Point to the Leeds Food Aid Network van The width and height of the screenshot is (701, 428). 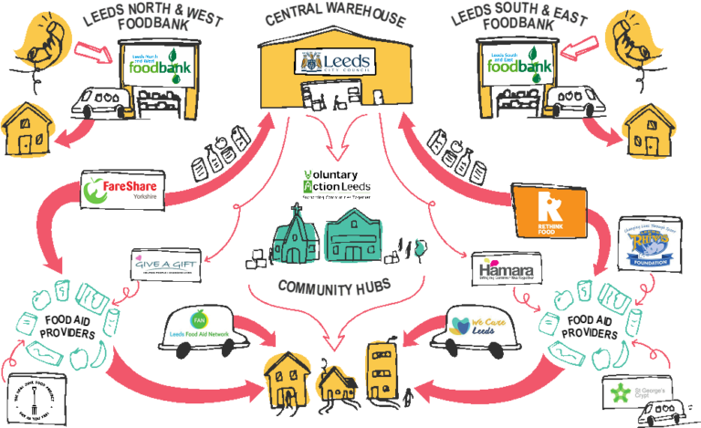(x=202, y=326)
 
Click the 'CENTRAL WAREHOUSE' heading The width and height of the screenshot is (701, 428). (x=335, y=17)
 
